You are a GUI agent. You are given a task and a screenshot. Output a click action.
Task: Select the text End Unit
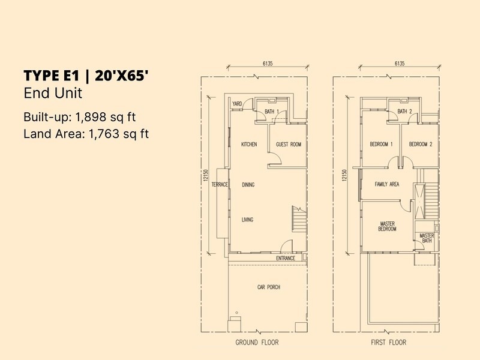click(x=53, y=94)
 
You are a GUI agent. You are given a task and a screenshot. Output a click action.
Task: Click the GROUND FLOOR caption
click(x=257, y=343)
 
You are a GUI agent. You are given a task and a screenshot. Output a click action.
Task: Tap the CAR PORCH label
click(x=269, y=287)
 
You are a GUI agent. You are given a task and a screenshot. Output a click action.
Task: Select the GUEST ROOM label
click(x=288, y=145)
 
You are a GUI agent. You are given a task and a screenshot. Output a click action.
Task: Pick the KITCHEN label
click(x=249, y=145)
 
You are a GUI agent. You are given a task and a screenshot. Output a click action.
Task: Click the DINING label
click(x=248, y=185)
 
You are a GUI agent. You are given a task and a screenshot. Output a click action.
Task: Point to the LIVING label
click(x=247, y=220)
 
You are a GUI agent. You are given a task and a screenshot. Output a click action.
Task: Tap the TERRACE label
click(x=219, y=185)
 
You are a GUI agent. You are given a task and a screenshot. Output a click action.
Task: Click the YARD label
click(x=237, y=104)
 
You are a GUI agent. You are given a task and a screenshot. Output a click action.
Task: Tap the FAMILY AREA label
click(x=387, y=184)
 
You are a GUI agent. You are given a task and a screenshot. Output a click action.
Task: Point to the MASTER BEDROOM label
click(x=387, y=226)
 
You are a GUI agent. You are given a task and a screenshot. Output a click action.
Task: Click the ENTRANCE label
click(x=286, y=258)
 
